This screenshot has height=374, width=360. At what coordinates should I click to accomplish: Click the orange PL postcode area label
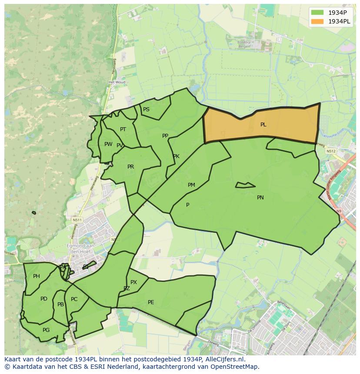pyautogui.click(x=263, y=125)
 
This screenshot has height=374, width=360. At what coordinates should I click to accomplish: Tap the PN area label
pyautogui.click(x=260, y=198)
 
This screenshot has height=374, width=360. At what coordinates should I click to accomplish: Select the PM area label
pyautogui.click(x=191, y=185)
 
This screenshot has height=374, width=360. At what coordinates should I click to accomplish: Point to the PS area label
pyautogui.click(x=146, y=109)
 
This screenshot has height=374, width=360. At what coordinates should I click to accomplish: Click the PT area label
pyautogui.click(x=123, y=129)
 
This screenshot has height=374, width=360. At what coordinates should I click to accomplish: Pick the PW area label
pyautogui.click(x=108, y=144)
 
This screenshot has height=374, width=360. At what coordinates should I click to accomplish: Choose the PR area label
pyautogui.click(x=130, y=167)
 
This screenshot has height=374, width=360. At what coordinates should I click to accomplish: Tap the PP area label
pyautogui.click(x=165, y=136)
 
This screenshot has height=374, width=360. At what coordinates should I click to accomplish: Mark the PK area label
pyautogui.click(x=176, y=156)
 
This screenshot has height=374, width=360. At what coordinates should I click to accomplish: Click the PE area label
pyautogui.click(x=151, y=302)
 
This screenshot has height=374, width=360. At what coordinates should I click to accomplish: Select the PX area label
pyautogui.click(x=133, y=282)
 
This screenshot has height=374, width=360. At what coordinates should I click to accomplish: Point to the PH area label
pyautogui.click(x=37, y=276)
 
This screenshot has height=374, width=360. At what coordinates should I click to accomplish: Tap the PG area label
pyautogui.click(x=46, y=330)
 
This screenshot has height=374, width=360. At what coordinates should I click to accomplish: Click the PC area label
pyautogui.click(x=74, y=299)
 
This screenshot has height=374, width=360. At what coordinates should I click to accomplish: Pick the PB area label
pyautogui.click(x=60, y=304)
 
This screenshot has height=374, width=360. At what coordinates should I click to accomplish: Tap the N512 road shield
pyautogui.click(x=332, y=151)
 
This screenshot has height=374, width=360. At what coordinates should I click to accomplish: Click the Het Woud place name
pyautogui.click(x=117, y=82)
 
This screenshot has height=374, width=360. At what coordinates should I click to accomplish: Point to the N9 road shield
pyautogui.click(x=339, y=212)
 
